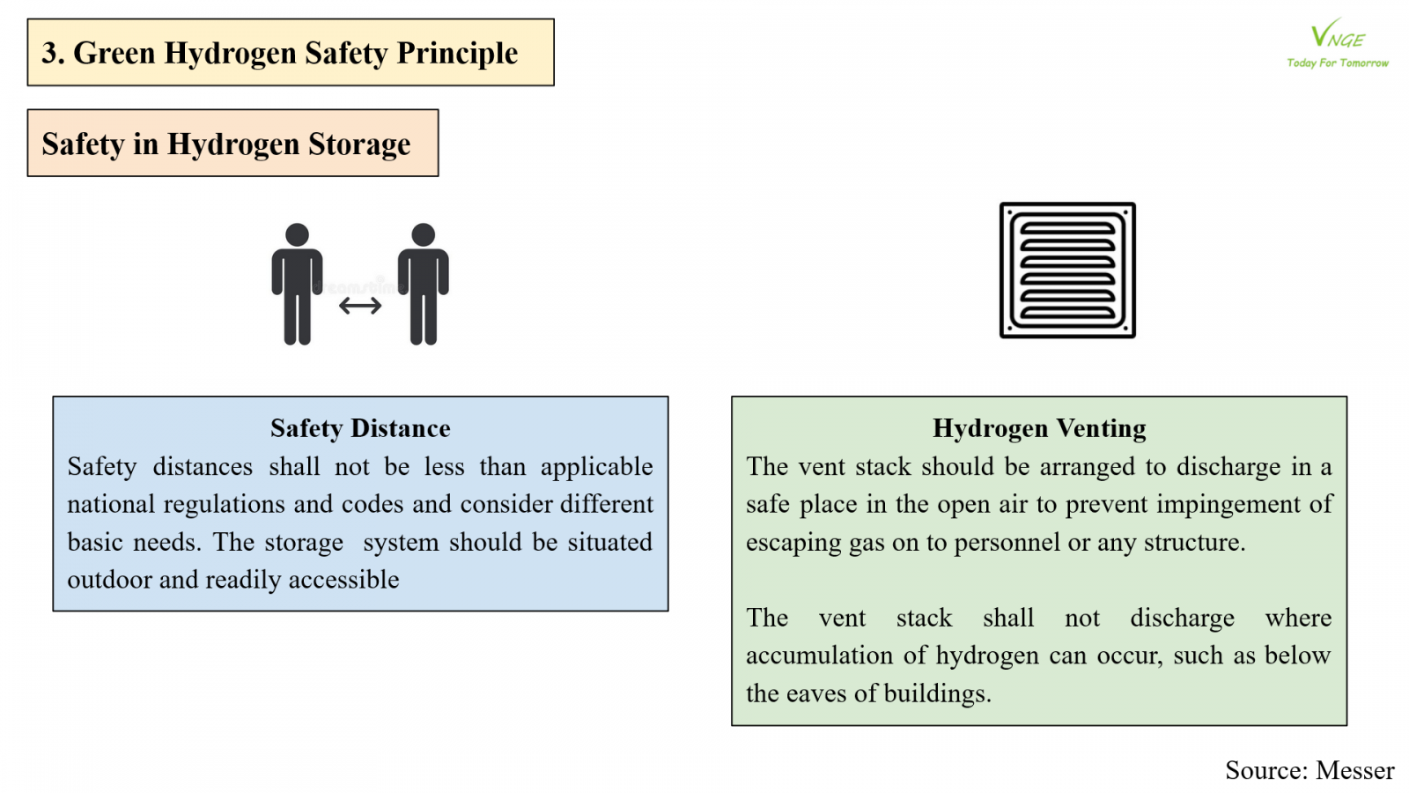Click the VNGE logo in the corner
click(x=1337, y=35)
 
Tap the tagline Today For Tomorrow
click(x=1337, y=63)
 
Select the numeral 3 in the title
click(x=49, y=53)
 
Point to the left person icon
click(x=297, y=284)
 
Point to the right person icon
click(x=424, y=284)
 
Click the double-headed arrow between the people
click(x=360, y=306)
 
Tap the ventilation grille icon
click(x=1067, y=271)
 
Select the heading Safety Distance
click(x=360, y=428)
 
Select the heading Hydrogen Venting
click(x=1039, y=428)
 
